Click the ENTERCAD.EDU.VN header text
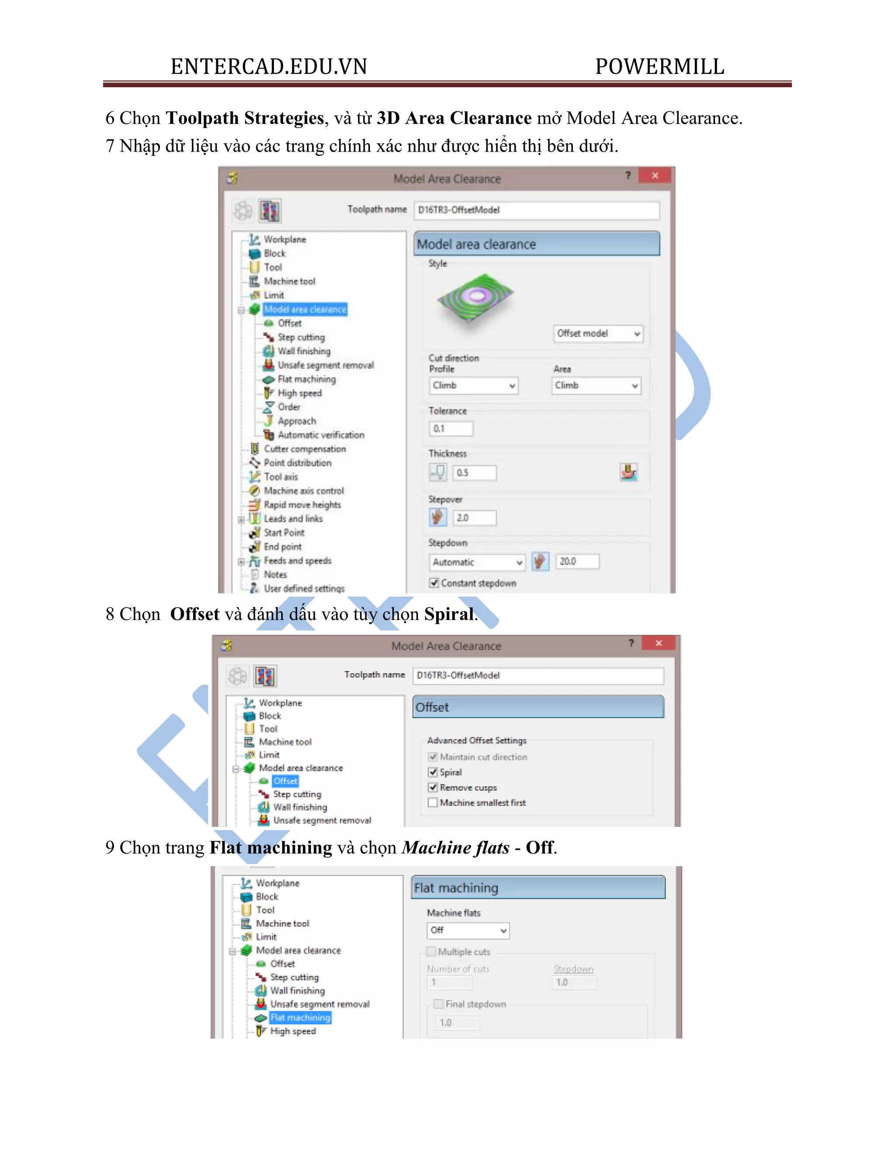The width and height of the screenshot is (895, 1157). point(269,67)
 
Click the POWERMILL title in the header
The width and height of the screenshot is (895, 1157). point(659,67)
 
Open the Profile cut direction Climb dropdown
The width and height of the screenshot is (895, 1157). point(473,385)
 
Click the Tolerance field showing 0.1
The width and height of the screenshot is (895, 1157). point(451,429)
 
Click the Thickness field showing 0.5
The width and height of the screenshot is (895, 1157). point(474,472)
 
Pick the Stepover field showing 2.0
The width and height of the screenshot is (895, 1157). point(474,517)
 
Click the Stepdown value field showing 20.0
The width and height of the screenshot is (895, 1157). point(577,561)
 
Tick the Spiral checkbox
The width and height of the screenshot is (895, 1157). point(433,772)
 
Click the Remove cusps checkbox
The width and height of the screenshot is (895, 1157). point(433,788)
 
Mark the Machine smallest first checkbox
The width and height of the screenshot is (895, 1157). point(433,802)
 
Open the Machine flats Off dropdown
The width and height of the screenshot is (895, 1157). point(468,930)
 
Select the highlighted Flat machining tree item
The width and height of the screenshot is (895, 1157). point(300,1018)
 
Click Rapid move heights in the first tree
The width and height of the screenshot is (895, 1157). point(302,505)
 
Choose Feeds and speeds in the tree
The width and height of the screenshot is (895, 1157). point(298,561)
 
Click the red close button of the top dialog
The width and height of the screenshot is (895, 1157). point(656,176)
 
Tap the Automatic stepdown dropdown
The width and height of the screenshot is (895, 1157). point(476,562)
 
